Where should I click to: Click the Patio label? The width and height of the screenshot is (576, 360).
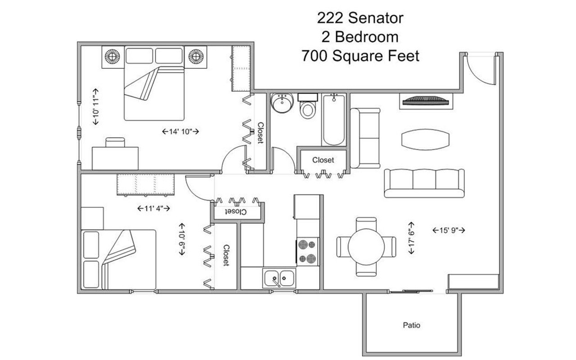412,324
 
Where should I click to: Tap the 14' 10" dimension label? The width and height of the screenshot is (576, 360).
180,131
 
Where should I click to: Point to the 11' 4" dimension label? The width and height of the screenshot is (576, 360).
153,208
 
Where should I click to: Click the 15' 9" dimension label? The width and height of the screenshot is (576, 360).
448,230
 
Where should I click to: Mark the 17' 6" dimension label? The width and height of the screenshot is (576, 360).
411,238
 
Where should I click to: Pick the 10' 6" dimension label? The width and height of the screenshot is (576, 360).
182,239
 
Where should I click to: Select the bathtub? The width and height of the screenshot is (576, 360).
333,119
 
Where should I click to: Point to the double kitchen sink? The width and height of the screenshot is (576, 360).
279,278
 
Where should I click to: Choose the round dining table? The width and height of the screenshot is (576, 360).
366,246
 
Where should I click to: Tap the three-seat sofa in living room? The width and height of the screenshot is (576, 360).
424,183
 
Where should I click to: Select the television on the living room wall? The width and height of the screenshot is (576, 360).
425,101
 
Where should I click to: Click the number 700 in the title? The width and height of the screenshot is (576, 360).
313,56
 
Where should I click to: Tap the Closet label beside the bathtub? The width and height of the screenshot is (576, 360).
323,160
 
